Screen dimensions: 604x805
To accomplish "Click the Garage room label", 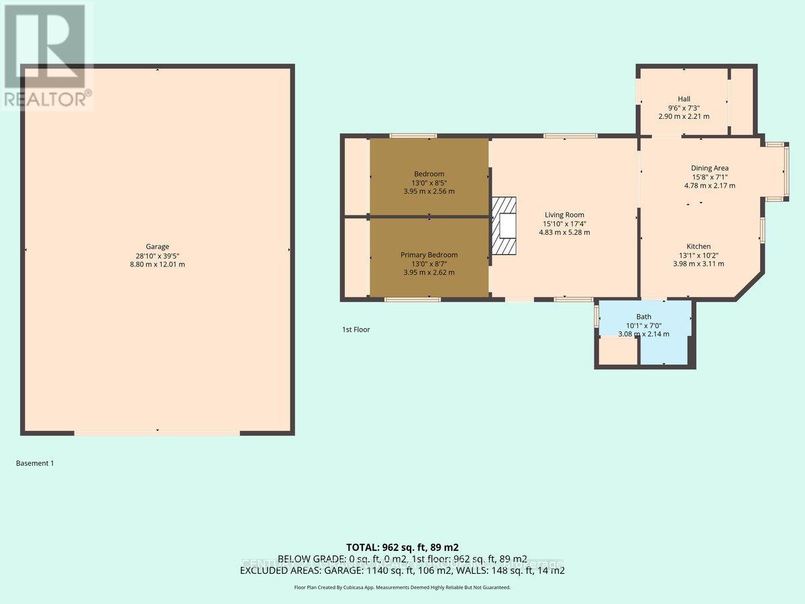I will tap(158, 246).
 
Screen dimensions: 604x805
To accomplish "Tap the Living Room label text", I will tap(564, 215).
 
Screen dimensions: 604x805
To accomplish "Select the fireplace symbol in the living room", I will tap(504, 226).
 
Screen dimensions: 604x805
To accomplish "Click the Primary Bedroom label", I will tap(429, 255).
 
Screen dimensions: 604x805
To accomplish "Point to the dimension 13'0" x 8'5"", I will tap(429, 183).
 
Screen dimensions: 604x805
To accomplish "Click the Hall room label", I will tap(684, 99).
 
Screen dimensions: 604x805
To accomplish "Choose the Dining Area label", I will tap(710, 168).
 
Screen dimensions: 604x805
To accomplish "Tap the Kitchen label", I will tap(698, 246).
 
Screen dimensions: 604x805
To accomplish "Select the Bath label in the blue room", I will tap(643, 317).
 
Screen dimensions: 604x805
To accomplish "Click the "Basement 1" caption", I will tap(34, 463).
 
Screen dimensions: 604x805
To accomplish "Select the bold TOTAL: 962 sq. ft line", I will tap(402, 547).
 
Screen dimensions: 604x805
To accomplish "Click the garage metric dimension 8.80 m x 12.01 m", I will tap(158, 264).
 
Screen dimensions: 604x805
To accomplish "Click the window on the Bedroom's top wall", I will tap(413, 136).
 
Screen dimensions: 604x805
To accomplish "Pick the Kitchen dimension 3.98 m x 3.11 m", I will tap(698, 264).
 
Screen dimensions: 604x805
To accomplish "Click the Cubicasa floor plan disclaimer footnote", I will tap(402, 587).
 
